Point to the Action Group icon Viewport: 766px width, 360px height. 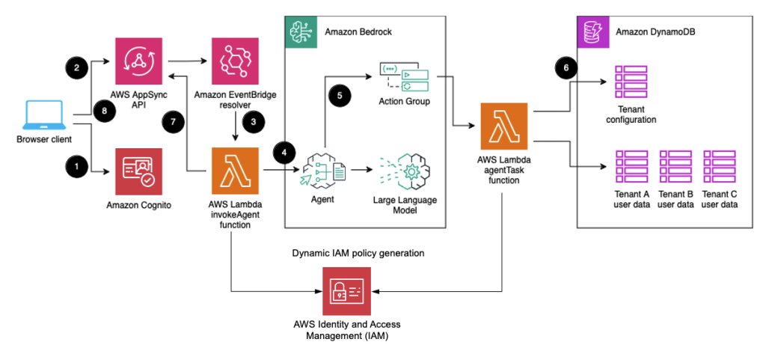404,75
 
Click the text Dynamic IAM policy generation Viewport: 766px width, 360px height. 358,253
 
